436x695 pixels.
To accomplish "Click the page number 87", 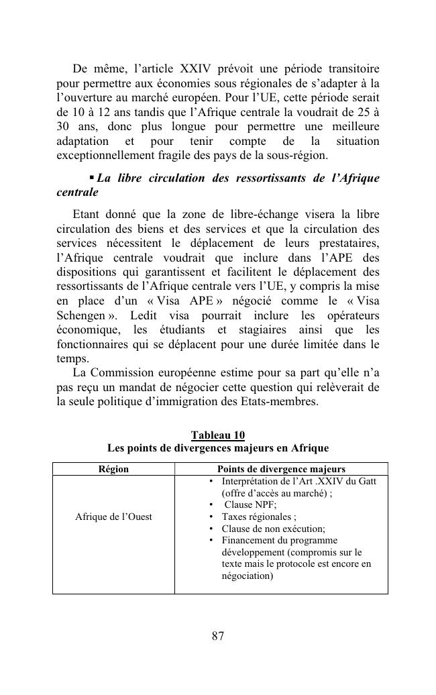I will coord(217,636).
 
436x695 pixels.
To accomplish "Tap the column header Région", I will coord(113,470).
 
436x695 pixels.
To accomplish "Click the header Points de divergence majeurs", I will coord(281,470).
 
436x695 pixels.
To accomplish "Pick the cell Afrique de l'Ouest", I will coord(113,517).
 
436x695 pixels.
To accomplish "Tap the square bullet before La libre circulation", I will coord(92,178).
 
